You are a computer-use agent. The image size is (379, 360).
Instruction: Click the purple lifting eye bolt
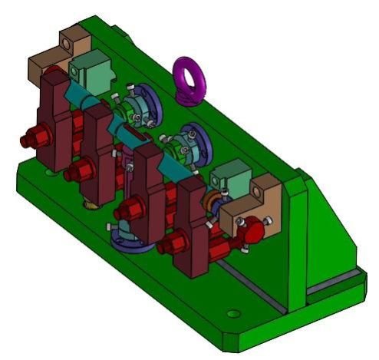187,78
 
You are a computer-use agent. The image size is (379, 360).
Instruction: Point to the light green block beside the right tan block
229,177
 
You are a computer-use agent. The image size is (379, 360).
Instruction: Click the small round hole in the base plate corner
232,312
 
